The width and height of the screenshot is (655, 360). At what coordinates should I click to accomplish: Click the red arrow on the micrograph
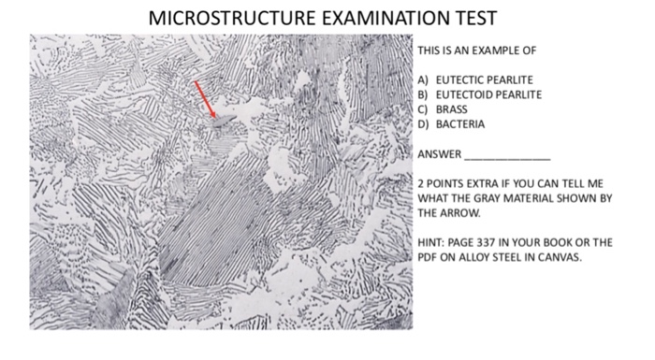(205, 99)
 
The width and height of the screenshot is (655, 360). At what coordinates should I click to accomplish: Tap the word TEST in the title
(475, 20)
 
